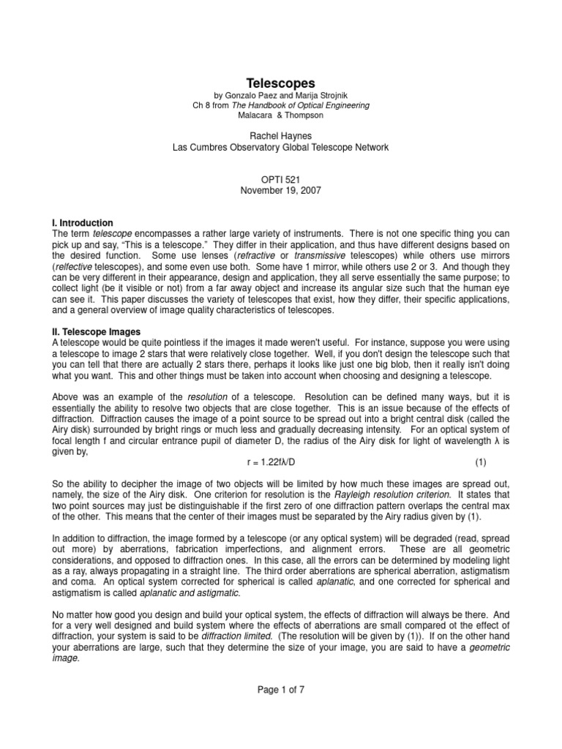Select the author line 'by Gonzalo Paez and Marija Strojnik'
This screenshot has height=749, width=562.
[x=280, y=96]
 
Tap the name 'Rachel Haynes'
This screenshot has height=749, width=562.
[x=280, y=136]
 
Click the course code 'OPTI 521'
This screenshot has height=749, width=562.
[x=280, y=179]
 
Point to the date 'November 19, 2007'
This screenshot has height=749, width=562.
[x=280, y=190]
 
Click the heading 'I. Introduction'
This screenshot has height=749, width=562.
[x=83, y=222]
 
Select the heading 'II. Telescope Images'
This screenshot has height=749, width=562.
[x=97, y=332]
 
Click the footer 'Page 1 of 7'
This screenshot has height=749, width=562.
[x=280, y=709]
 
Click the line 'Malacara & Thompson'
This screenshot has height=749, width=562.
[x=280, y=116]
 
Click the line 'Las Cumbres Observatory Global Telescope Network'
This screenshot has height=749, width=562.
[x=280, y=147]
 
